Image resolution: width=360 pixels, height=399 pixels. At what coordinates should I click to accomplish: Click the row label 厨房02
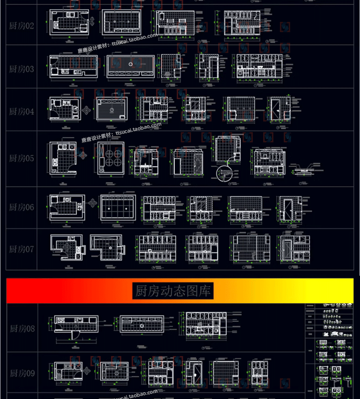click(21, 26)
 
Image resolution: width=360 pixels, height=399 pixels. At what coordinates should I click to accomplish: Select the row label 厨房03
click(21, 69)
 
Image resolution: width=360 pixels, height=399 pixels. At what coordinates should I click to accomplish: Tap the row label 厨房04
click(21, 112)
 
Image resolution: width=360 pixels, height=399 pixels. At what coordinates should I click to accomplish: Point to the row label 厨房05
click(21, 158)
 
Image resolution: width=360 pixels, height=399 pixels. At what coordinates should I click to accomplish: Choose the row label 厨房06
click(21, 207)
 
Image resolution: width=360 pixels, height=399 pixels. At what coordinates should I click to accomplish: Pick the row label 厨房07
click(21, 249)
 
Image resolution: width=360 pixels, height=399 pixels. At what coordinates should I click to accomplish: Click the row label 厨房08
click(21, 329)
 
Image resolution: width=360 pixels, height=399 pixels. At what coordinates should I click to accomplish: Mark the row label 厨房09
click(21, 373)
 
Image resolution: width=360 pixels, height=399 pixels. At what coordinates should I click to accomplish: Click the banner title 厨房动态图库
click(173, 291)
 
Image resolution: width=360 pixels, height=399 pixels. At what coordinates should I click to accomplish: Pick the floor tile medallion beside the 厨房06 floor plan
click(93, 203)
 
